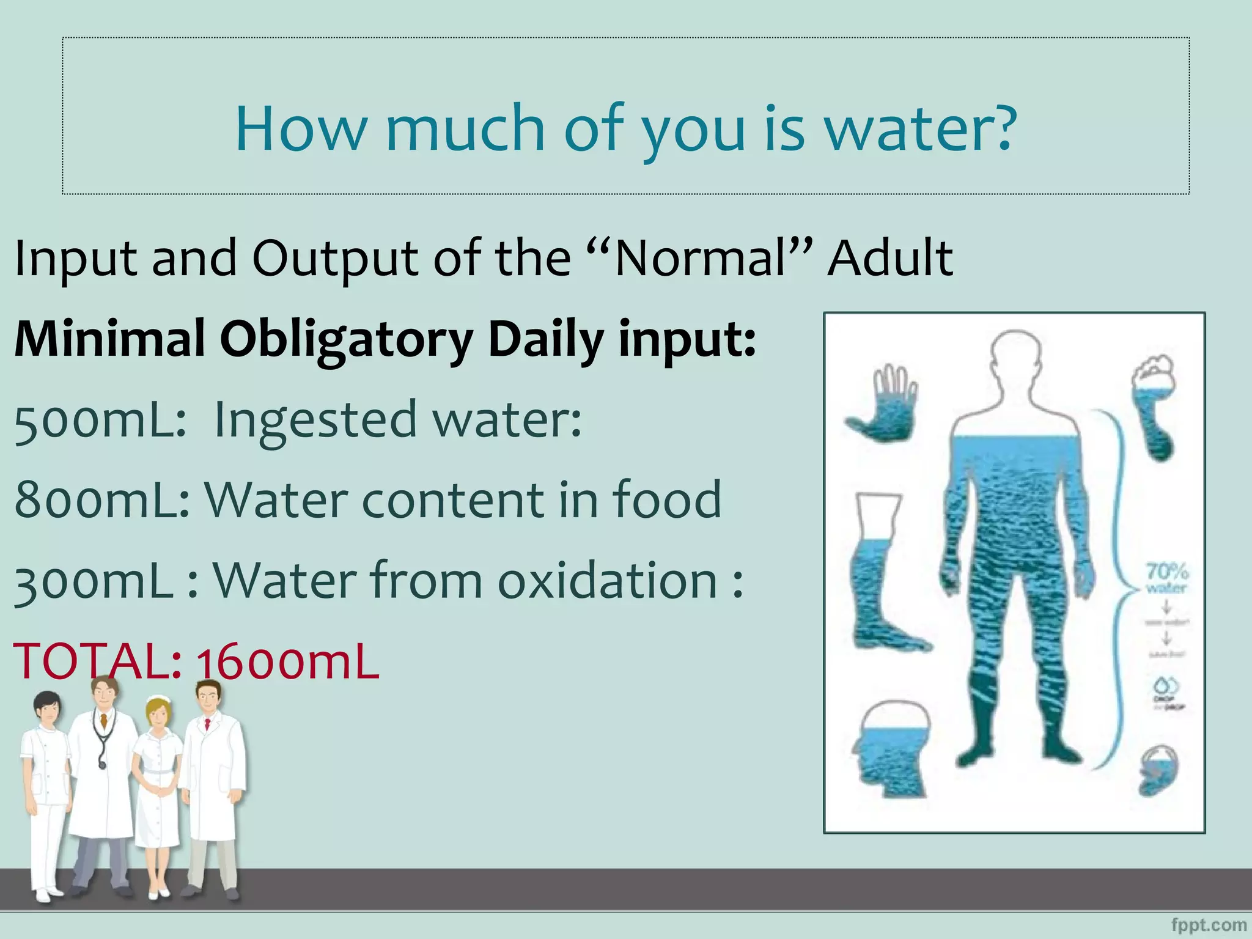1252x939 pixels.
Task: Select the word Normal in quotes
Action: [699, 258]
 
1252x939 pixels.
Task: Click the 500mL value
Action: [100, 421]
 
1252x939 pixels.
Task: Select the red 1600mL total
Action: [287, 662]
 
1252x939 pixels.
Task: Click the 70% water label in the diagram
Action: [1166, 578]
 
